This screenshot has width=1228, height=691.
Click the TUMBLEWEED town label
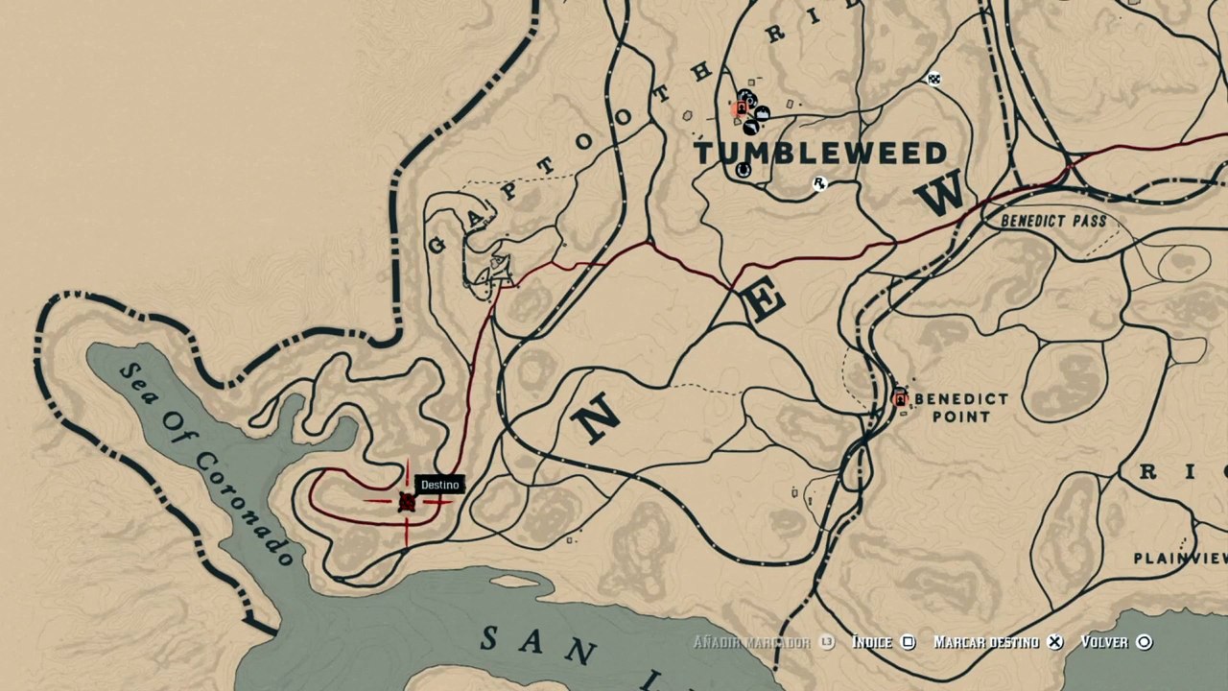click(x=820, y=153)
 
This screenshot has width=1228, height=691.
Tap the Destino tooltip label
click(x=440, y=485)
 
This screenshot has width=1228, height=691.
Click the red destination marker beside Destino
click(x=407, y=502)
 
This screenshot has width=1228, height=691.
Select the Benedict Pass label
click(x=1053, y=221)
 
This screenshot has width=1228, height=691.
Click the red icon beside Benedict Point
click(x=900, y=398)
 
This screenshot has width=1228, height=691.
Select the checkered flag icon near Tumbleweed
click(x=934, y=79)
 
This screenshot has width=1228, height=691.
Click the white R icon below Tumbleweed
click(x=819, y=183)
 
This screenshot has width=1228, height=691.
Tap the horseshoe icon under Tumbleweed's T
click(x=743, y=170)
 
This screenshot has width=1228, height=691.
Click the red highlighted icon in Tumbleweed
click(x=740, y=109)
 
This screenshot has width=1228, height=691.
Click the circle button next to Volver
click(x=1145, y=642)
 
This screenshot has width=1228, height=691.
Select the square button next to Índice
click(x=909, y=642)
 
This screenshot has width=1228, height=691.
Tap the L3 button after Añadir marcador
click(x=827, y=642)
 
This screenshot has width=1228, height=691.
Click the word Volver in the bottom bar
click(x=1104, y=642)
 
